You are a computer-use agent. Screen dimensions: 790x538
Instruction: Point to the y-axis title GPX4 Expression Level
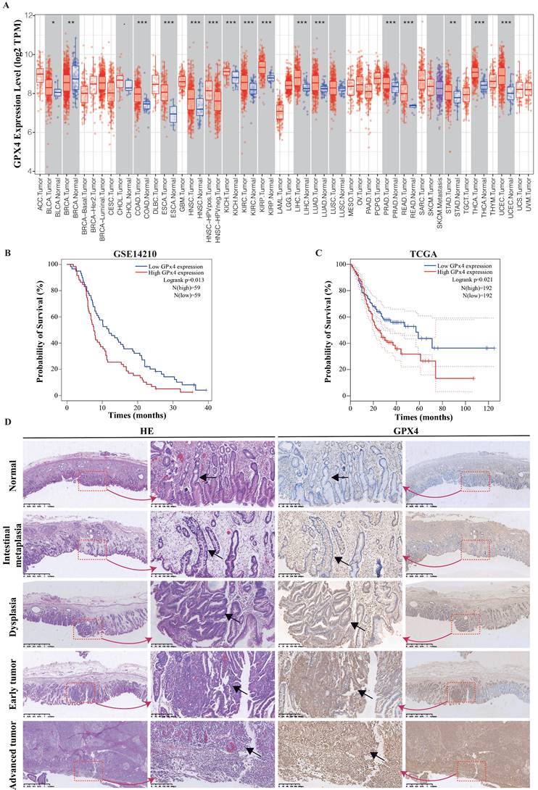(x=16, y=91)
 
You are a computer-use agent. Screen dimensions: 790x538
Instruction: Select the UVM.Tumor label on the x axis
(x=528, y=194)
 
